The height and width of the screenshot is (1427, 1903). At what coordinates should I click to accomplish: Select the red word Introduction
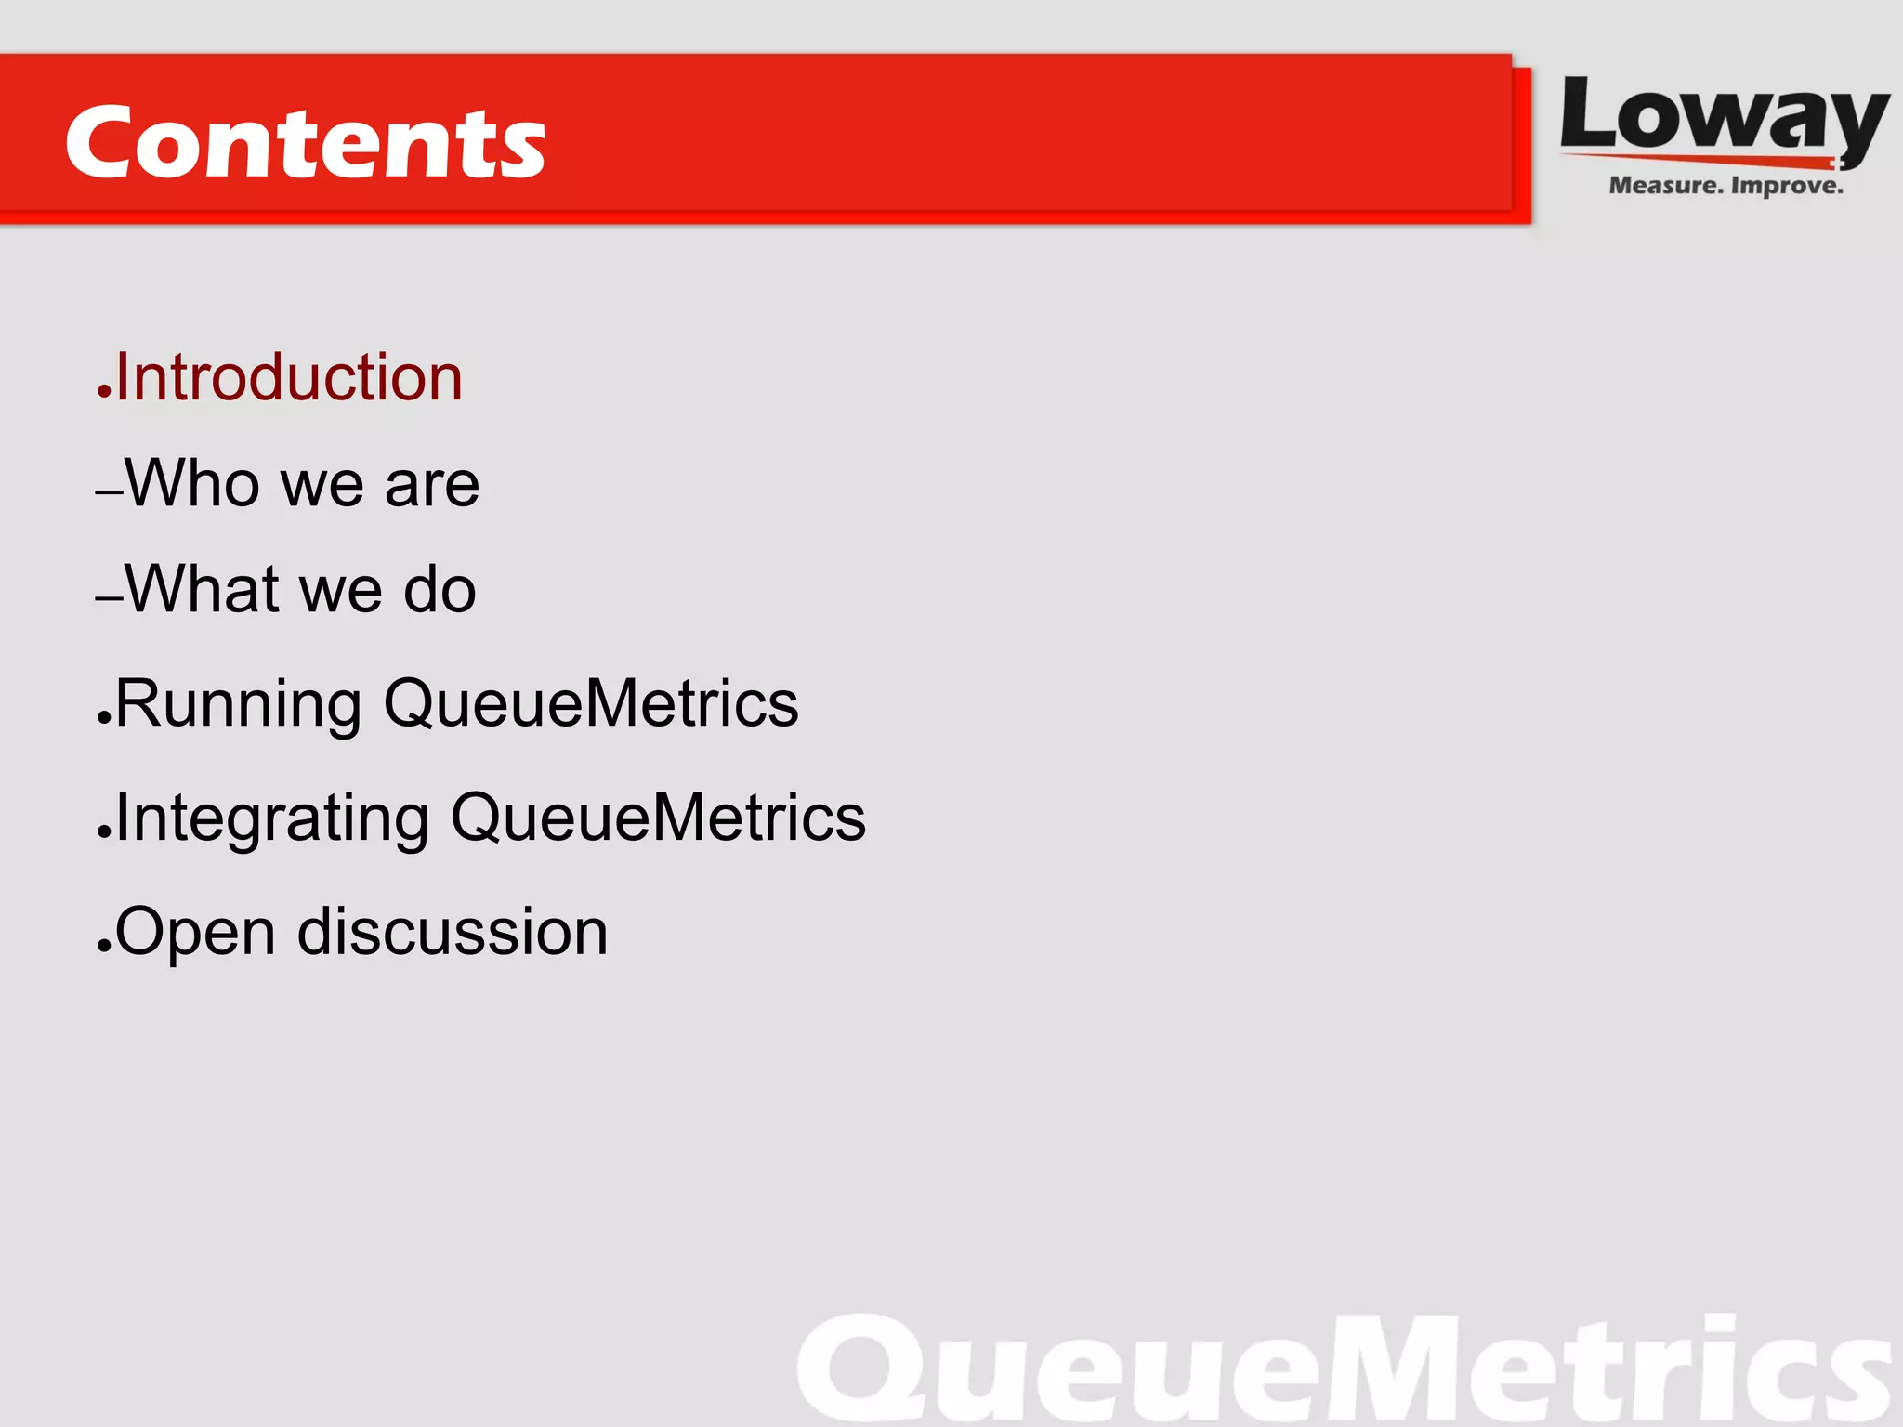[289, 378]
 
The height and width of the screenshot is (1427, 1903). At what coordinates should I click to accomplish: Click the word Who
[192, 484]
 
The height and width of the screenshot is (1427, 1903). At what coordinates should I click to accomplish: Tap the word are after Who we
[432, 486]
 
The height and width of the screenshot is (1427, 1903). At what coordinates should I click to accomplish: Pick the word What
[202, 589]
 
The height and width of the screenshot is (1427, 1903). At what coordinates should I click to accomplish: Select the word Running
[238, 704]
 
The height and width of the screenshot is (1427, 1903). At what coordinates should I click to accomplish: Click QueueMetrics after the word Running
[591, 704]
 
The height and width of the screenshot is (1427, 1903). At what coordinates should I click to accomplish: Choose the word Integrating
[272, 818]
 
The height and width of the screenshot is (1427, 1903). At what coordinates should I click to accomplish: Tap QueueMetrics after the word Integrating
[658, 818]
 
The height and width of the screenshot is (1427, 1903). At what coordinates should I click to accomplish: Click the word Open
[195, 933]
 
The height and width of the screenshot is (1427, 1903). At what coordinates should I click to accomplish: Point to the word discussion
[453, 932]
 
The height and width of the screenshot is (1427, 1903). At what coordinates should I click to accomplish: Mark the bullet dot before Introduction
[103, 395]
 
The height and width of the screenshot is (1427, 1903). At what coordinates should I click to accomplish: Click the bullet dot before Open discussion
[103, 949]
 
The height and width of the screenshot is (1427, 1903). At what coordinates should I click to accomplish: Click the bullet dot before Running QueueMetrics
[103, 720]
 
